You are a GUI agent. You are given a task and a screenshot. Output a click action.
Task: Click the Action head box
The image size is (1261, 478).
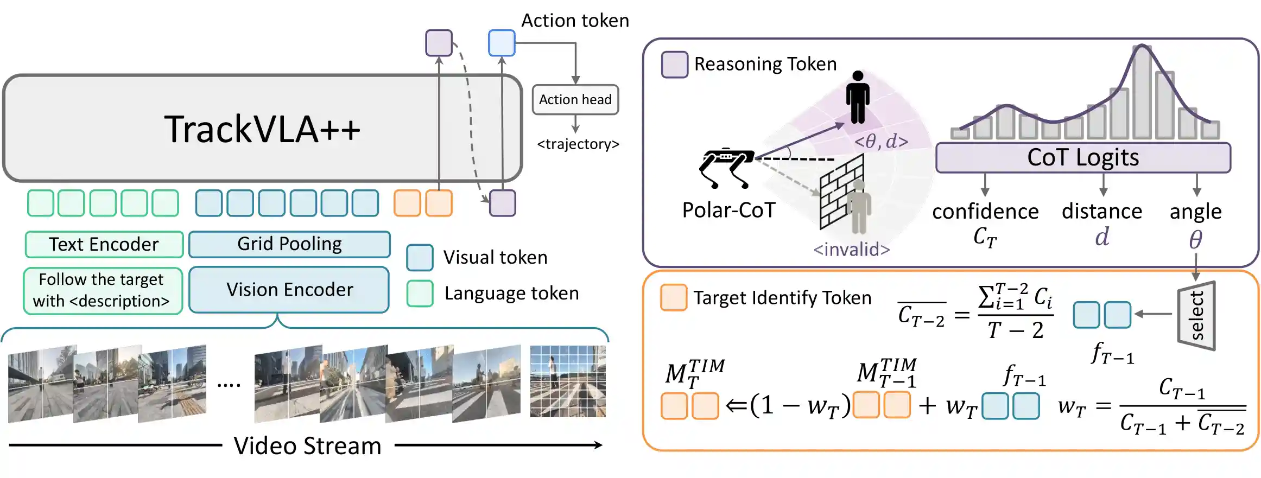pos(575,100)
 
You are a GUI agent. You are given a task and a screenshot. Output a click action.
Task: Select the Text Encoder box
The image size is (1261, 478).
pos(104,244)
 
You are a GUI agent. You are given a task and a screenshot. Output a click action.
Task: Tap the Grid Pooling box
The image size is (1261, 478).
pos(289,244)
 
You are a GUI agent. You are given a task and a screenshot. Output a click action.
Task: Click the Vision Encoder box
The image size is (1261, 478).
pos(289,290)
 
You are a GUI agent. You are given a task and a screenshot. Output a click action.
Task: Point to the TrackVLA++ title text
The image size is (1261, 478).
pos(262,129)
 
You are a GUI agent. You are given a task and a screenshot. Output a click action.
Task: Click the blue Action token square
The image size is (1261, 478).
pos(501,43)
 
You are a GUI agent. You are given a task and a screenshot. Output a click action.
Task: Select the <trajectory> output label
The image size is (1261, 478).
pos(578,144)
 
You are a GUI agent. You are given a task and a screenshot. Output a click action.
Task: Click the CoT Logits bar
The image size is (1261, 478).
pos(1083,158)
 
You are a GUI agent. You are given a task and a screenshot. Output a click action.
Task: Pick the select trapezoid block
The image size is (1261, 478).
pos(1196,315)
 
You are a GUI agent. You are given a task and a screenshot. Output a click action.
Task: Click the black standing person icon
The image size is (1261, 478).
pos(858,98)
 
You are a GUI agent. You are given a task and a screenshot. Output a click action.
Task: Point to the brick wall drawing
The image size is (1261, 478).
pos(841,193)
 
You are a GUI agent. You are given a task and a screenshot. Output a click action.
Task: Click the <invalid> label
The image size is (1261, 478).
pos(851,250)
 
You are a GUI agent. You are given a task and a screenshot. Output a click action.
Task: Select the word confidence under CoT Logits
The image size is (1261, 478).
pos(985,212)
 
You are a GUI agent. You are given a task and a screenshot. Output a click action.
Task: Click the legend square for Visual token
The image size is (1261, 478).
pos(420,257)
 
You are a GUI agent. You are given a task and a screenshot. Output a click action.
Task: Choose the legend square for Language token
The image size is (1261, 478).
pos(420,293)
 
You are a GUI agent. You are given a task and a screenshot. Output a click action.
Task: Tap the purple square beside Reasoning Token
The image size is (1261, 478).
pos(675,65)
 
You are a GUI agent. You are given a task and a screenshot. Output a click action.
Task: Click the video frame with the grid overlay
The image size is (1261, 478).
pos(568,381)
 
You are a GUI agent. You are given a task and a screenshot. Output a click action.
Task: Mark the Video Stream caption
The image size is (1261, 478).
pos(307,446)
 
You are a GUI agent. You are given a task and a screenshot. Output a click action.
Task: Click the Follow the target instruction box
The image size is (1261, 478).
pos(103,291)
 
